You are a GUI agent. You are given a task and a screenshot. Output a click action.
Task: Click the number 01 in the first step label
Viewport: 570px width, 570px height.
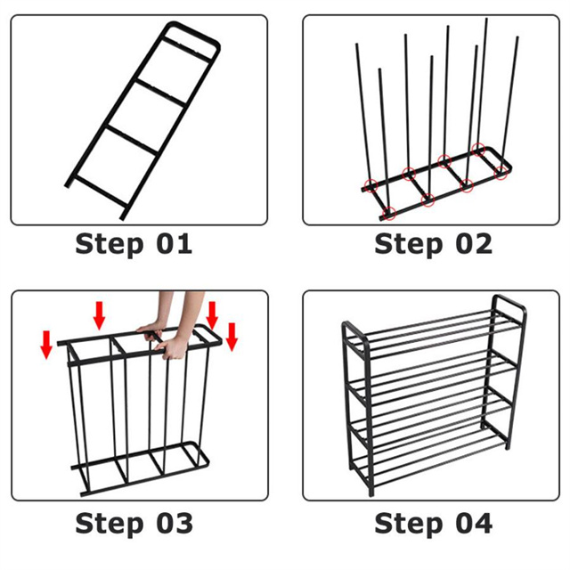(175, 244)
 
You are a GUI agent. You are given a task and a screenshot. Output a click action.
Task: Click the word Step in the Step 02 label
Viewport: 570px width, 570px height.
(408, 245)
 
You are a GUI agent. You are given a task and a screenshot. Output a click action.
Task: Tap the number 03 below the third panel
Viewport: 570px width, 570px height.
(175, 523)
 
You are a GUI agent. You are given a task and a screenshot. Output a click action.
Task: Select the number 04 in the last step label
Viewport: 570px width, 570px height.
(474, 523)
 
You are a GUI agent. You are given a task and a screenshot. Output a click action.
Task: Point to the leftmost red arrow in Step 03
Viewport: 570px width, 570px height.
(46, 345)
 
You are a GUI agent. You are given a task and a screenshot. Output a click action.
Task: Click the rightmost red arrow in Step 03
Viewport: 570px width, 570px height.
(232, 337)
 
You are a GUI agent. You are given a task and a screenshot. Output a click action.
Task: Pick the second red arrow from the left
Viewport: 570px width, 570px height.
(99, 315)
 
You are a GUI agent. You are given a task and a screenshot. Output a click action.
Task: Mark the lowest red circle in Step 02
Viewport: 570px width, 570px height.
(389, 213)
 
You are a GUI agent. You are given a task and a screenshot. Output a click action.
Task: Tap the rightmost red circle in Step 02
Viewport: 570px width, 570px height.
(501, 173)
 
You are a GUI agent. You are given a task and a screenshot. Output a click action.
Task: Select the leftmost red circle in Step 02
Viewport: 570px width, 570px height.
(370, 186)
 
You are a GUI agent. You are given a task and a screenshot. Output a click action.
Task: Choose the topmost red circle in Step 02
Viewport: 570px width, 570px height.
(478, 149)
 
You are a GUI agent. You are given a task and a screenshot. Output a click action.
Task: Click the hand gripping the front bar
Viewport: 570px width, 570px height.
(172, 348)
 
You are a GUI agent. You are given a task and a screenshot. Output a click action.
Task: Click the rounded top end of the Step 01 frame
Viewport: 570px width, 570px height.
(192, 34)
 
